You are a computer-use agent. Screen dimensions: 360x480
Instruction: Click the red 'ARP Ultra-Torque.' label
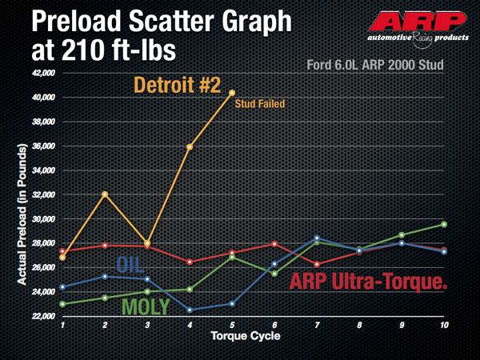(369, 282)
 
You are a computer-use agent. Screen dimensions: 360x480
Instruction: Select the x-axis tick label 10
(444, 326)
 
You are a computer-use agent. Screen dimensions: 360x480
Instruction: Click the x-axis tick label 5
(232, 326)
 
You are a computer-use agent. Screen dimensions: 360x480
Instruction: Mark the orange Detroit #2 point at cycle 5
(232, 93)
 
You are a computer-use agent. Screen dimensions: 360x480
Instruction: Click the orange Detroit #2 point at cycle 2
(105, 194)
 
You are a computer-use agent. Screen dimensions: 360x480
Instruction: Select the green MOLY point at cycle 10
(444, 224)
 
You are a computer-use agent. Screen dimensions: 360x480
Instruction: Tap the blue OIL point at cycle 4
(190, 310)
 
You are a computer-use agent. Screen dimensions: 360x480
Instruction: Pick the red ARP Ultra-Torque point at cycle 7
(317, 264)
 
